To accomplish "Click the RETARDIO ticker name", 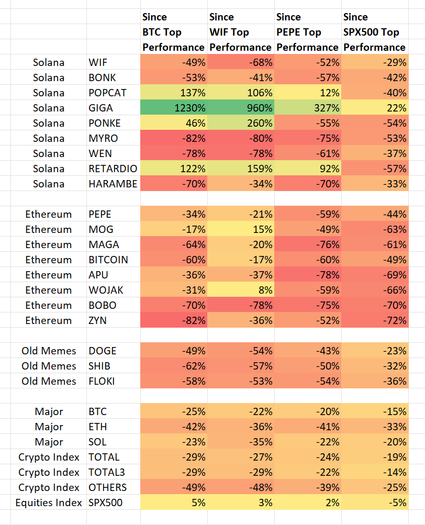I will coord(112,169).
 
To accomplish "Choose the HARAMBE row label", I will coord(113,184).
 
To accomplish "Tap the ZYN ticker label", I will coord(97,320).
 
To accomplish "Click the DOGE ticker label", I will coord(102,351).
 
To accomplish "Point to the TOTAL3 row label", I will coord(106,472).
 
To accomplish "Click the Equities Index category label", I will coord(49,502).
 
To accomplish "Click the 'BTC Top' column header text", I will coord(162,32).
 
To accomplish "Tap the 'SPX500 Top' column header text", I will coord(371,32).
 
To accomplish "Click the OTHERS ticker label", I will coord(107,487).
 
